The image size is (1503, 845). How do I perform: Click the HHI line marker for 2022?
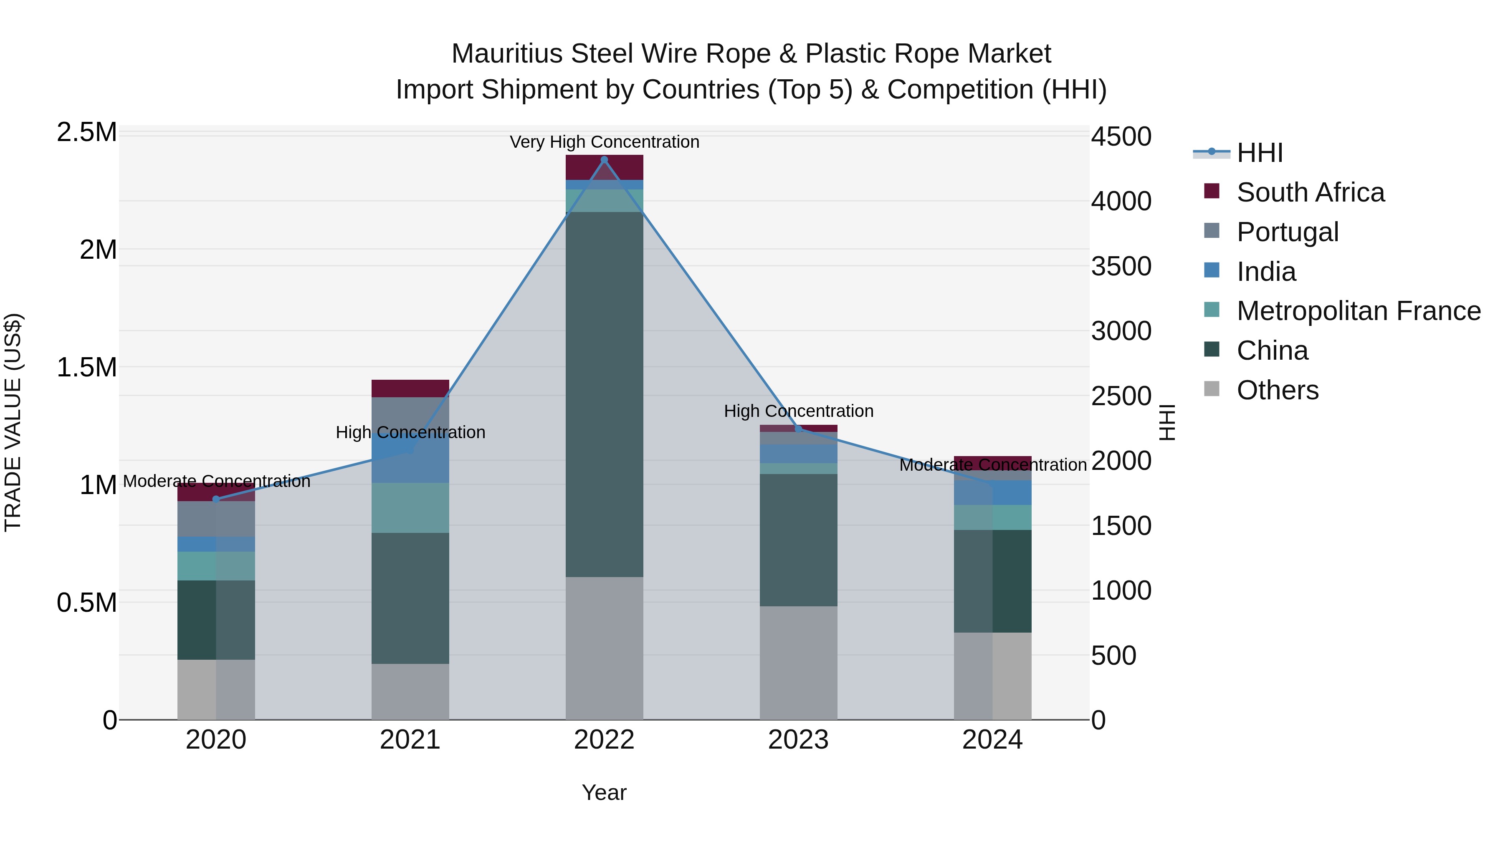point(604,160)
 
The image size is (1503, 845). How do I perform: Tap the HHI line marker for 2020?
point(216,499)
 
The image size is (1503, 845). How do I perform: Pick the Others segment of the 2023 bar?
point(798,663)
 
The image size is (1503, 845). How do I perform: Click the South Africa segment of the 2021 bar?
point(410,388)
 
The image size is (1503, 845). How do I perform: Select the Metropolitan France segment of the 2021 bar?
point(410,507)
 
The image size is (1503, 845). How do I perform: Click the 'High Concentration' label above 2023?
point(798,411)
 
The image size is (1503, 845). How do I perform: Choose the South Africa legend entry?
point(1310,192)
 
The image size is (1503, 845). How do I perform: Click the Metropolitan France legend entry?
point(1358,311)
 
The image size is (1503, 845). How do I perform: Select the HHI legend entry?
point(1259,153)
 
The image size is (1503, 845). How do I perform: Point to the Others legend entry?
point(1277,390)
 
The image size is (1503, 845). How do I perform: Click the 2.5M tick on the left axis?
point(87,132)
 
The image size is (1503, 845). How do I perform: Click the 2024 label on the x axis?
point(992,740)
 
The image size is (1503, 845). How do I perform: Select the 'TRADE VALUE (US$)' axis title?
point(13,422)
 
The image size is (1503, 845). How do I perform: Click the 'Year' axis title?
point(604,792)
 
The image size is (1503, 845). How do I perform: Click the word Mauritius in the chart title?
point(506,54)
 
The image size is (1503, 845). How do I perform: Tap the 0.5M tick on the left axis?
point(87,603)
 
